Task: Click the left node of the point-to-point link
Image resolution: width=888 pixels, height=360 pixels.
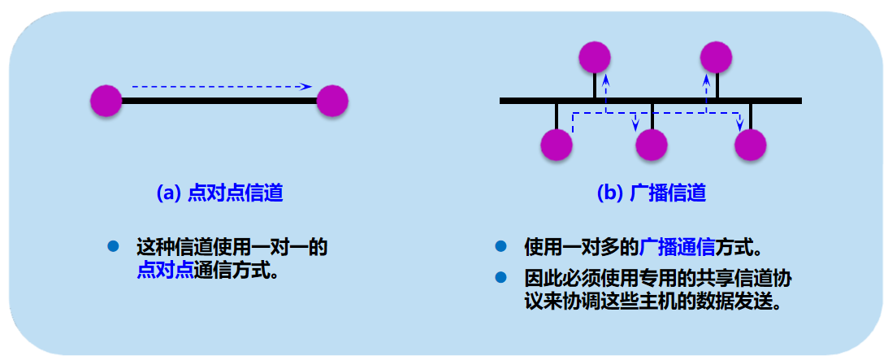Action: (106, 102)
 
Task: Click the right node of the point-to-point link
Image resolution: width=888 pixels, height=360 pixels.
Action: (332, 102)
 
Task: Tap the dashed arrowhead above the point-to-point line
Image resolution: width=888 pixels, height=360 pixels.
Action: (307, 85)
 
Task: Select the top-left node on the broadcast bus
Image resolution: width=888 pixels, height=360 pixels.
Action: (595, 56)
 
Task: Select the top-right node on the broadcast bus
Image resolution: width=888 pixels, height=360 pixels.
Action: (716, 56)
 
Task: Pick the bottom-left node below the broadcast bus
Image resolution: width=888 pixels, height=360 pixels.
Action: (557, 145)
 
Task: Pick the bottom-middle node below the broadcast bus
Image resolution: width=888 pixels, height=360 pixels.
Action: (652, 145)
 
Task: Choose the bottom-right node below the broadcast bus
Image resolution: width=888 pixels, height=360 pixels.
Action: (751, 145)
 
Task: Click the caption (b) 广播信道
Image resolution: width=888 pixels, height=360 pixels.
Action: (651, 193)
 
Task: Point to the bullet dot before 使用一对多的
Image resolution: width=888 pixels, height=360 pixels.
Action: (501, 245)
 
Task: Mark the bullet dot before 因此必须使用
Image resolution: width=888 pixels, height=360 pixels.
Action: (501, 278)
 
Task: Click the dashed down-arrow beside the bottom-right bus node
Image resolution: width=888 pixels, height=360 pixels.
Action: (739, 124)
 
